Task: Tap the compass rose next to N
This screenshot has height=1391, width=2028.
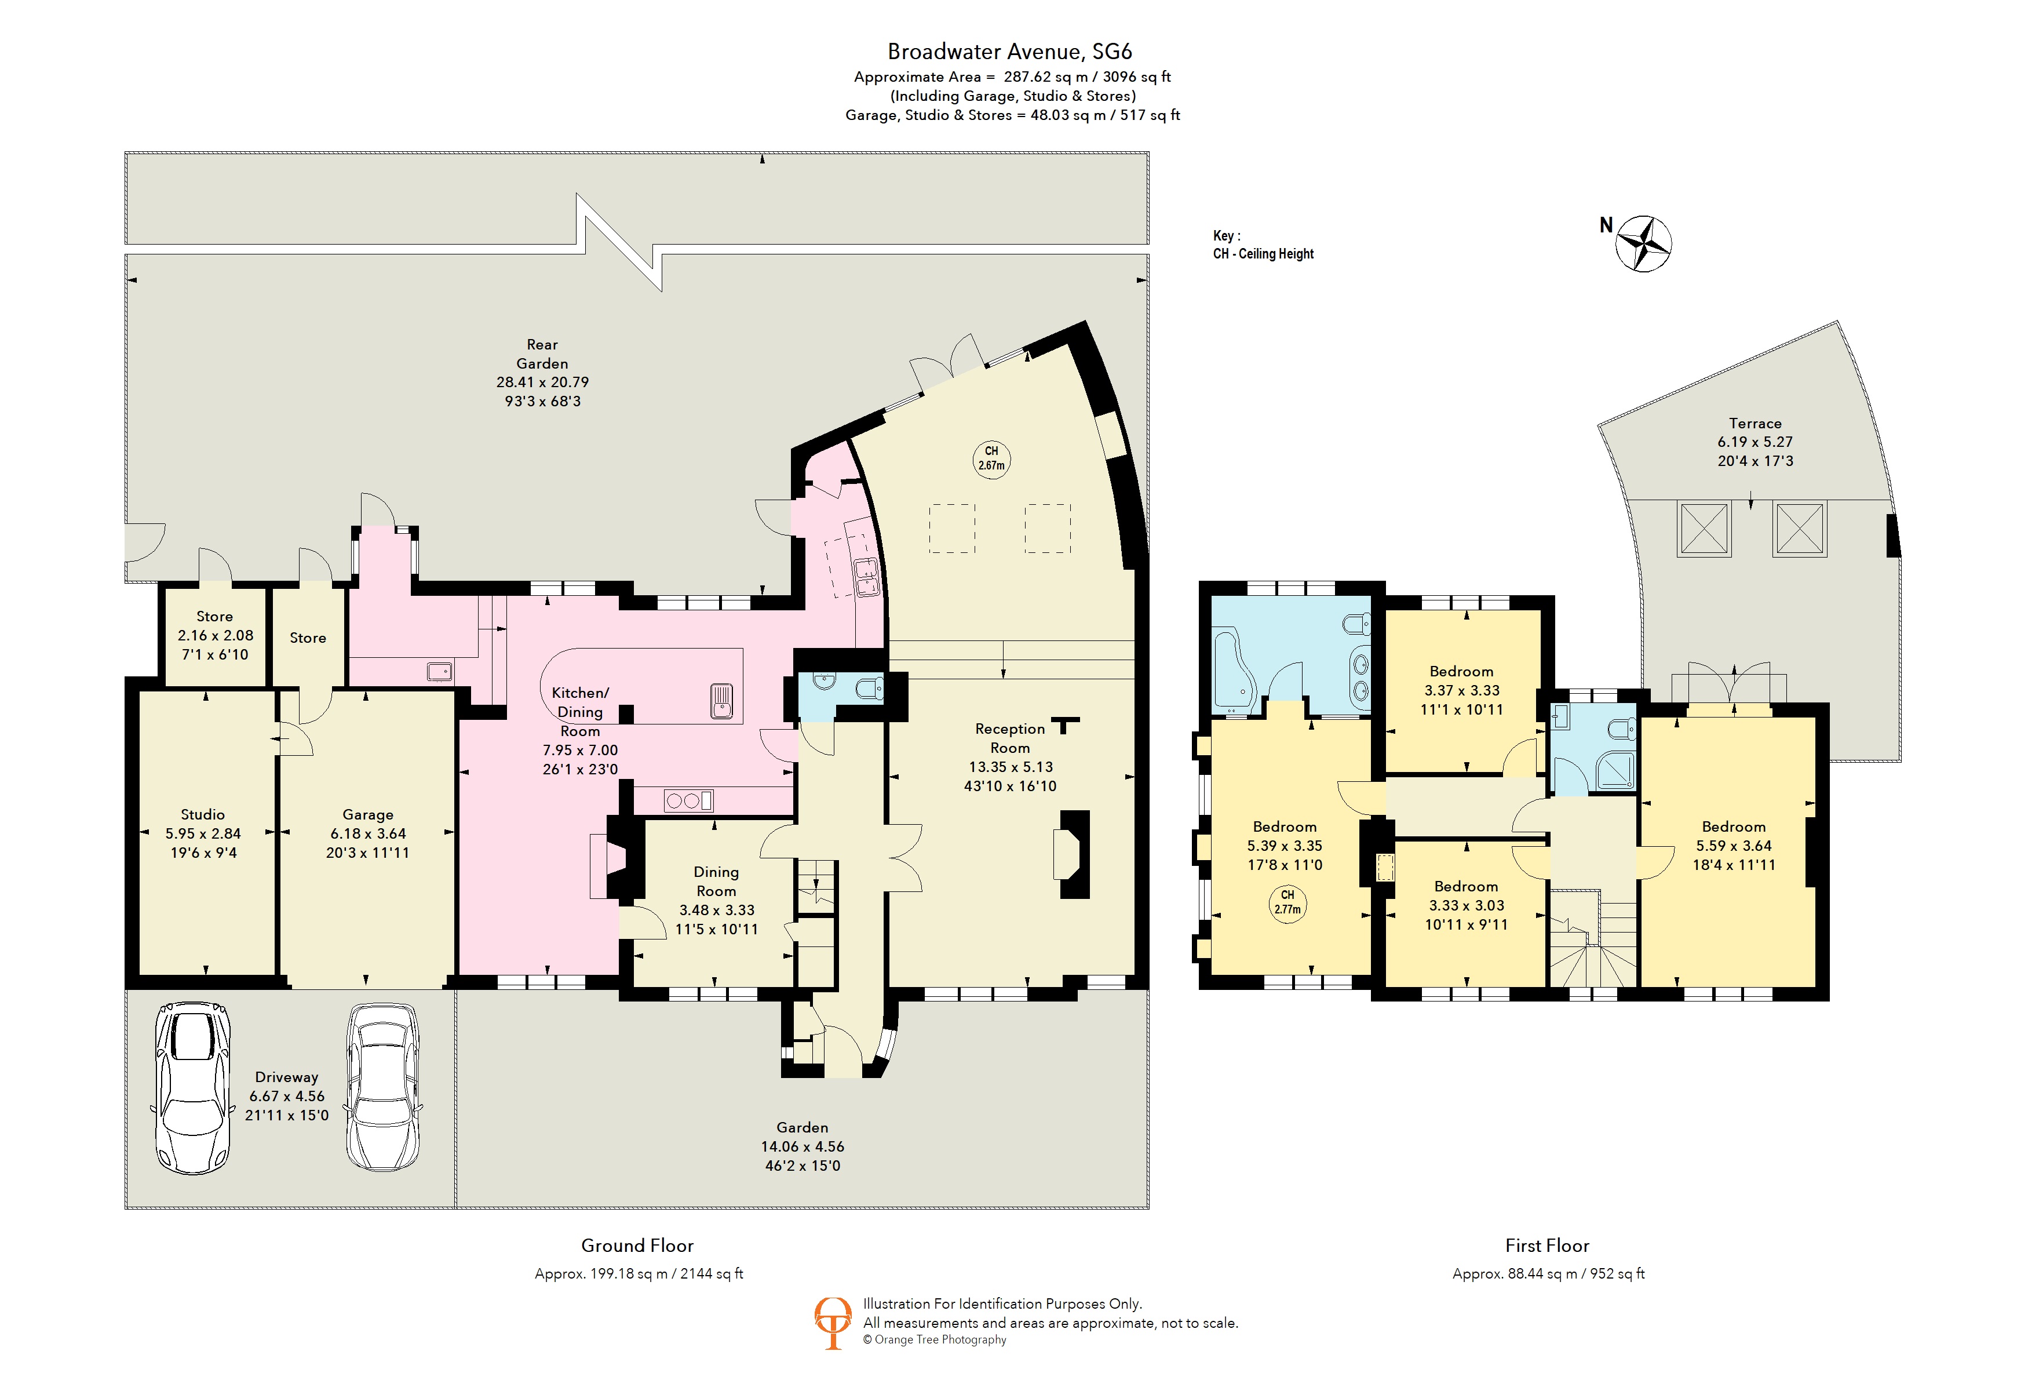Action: tap(1643, 243)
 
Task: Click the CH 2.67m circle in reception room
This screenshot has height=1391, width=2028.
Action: tap(991, 458)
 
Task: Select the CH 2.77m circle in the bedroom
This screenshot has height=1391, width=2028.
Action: tap(1287, 901)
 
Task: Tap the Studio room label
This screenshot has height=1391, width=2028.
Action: tap(202, 814)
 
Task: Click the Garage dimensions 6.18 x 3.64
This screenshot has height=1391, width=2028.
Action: tap(367, 833)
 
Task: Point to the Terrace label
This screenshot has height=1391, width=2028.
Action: tap(1755, 423)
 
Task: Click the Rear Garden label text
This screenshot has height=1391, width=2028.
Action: tap(542, 354)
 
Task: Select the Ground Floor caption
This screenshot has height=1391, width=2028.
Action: tap(637, 1246)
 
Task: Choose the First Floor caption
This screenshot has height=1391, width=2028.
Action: tap(1546, 1246)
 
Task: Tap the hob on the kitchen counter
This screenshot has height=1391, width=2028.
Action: tap(688, 799)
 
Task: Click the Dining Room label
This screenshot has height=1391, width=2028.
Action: tap(716, 882)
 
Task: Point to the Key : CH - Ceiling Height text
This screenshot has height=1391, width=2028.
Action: tap(1263, 245)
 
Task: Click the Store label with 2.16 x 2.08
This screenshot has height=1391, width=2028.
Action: tap(214, 616)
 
